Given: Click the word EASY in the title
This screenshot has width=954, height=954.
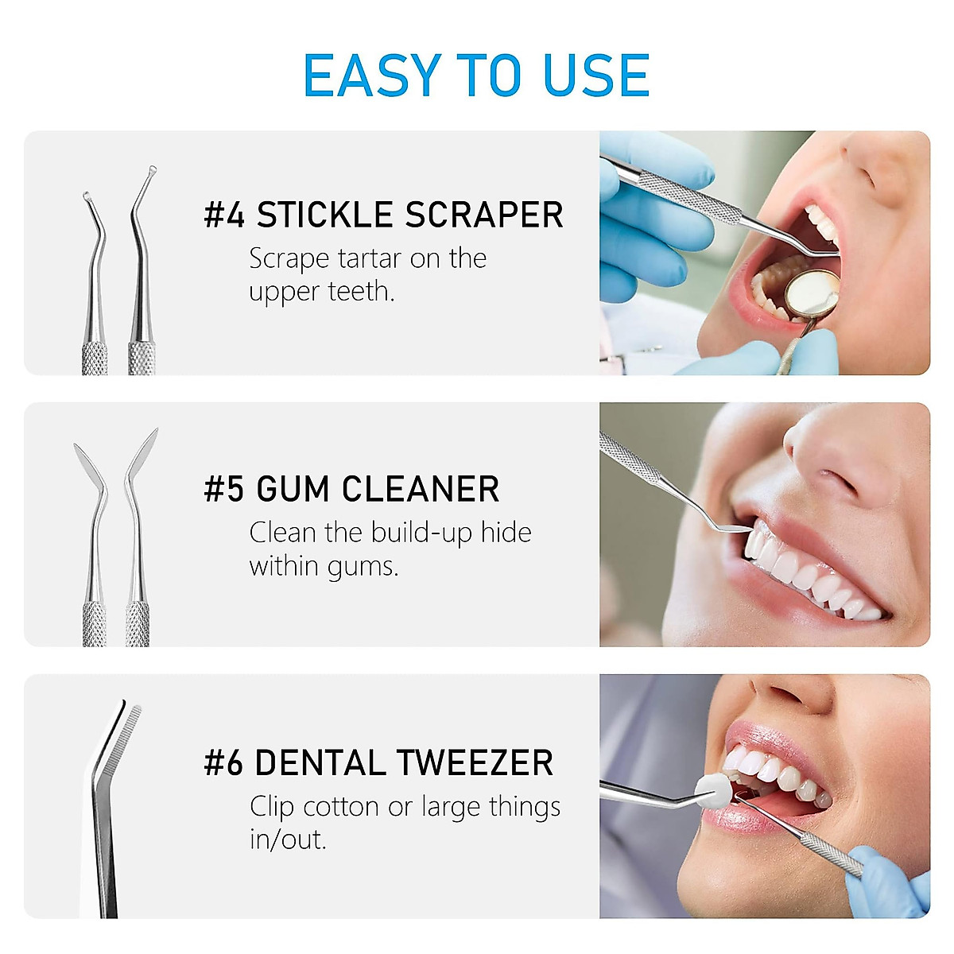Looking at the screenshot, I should point(372,76).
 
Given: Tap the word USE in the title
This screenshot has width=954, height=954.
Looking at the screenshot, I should point(595,76).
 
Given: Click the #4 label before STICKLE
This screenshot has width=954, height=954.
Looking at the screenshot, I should point(224,215).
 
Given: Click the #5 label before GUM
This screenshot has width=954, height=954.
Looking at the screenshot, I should point(224,489).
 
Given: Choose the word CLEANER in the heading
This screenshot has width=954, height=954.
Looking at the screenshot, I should point(421,489).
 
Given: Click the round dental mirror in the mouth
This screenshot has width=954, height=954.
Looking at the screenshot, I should point(811,291).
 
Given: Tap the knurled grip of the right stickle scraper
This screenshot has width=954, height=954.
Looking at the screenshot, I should point(142,358).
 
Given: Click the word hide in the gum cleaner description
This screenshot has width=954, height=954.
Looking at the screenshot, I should point(506,533).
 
